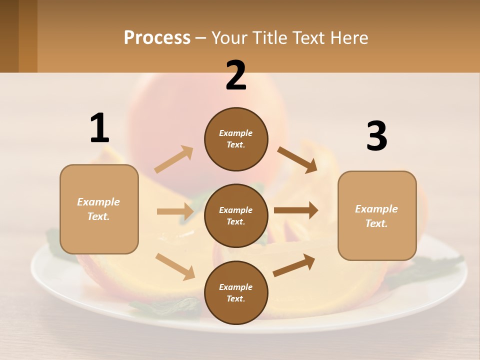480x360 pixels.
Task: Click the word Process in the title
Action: [x=157, y=37]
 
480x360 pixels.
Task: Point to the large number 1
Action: [x=99, y=128]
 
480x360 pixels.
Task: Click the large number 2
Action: [x=236, y=75]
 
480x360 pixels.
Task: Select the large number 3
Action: [x=376, y=136]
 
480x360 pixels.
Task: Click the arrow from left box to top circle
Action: [x=174, y=159]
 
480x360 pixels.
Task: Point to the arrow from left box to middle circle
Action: [x=175, y=211]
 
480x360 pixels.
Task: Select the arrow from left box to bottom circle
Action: [x=175, y=266]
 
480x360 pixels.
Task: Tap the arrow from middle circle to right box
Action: [x=295, y=210]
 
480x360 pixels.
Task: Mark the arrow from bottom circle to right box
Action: [x=294, y=265]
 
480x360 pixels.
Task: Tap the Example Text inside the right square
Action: [x=376, y=216]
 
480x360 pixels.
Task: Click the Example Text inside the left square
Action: [x=98, y=209]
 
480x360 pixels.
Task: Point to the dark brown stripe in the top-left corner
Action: [x=9, y=36]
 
